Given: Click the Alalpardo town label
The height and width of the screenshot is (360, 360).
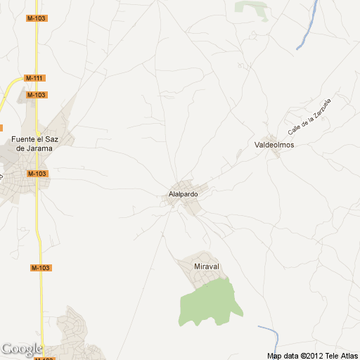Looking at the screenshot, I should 184,194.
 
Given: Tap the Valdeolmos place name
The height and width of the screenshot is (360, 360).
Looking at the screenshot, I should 274,145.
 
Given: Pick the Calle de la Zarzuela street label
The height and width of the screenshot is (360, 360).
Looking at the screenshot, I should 309,117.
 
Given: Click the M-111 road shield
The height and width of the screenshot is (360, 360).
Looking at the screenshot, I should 34,77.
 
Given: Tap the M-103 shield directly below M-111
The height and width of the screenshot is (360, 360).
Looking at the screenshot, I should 36,95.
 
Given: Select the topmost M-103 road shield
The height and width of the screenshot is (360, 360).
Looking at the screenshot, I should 37,18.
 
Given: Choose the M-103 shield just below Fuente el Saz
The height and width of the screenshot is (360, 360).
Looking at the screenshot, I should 37,173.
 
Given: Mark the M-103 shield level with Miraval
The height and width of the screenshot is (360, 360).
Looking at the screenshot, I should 41,268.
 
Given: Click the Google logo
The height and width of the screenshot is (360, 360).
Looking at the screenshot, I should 21,349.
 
